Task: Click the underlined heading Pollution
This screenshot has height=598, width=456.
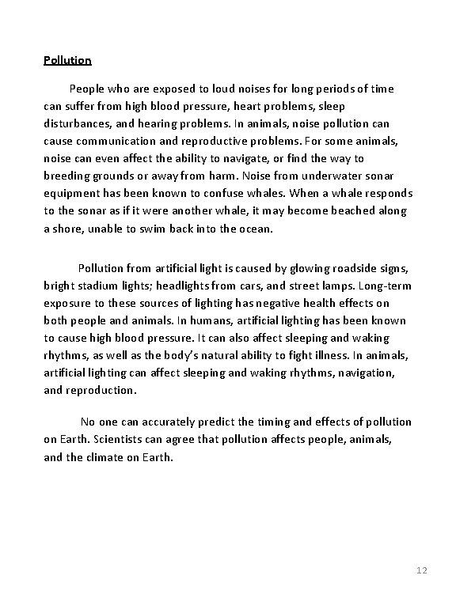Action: (67, 60)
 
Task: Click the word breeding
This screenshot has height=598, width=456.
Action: (70, 176)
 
